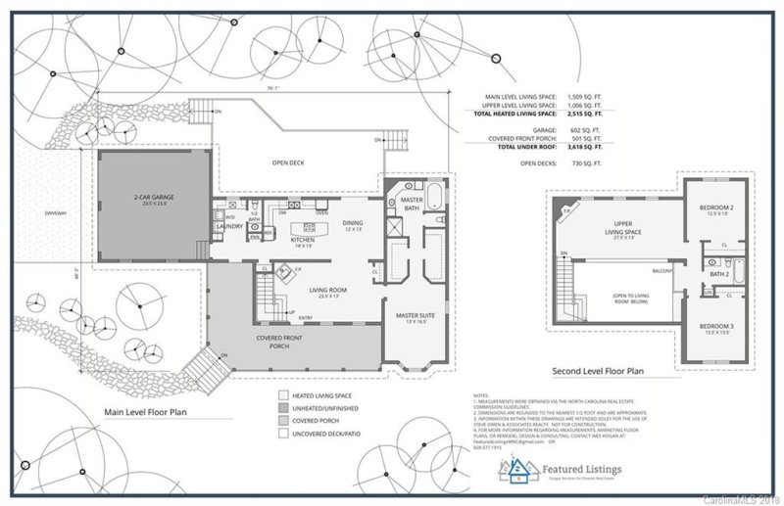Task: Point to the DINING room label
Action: click(353, 223)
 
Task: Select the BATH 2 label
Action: click(720, 274)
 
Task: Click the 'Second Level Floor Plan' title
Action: click(598, 373)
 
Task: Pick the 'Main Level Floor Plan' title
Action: click(145, 412)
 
